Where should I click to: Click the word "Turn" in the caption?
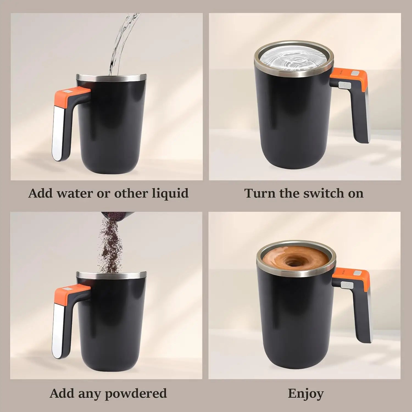(260, 193)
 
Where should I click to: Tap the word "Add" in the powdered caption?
(62, 393)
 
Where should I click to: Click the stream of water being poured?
(121, 44)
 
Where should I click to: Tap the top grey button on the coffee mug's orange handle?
(357, 273)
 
